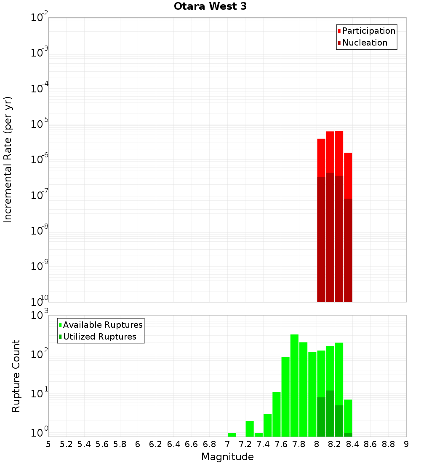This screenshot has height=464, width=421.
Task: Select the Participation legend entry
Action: pyautogui.click(x=368, y=31)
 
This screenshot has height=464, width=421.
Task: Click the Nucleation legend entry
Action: pyautogui.click(x=364, y=43)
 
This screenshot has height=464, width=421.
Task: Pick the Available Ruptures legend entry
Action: pyautogui.click(x=102, y=325)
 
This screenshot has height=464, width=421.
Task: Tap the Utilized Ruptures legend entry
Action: pyautogui.click(x=99, y=337)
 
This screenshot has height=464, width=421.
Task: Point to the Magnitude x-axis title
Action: pyautogui.click(x=227, y=457)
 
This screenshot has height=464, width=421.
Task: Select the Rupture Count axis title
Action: pyautogui.click(x=16, y=376)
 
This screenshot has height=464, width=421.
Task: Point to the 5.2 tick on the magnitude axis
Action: pyautogui.click(x=66, y=444)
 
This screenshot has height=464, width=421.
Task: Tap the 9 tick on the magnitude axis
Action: pyautogui.click(x=406, y=444)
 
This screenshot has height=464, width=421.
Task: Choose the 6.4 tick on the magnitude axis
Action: pyautogui.click(x=173, y=444)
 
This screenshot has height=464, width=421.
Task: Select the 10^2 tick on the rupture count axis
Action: pyautogui.click(x=39, y=354)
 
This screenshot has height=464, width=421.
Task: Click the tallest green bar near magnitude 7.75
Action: pyautogui.click(x=294, y=384)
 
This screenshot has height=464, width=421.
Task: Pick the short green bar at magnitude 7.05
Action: pyautogui.click(x=232, y=434)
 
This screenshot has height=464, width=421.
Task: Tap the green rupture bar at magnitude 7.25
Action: pyautogui.click(x=250, y=428)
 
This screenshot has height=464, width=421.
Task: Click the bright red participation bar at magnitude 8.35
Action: pyautogui.click(x=348, y=175)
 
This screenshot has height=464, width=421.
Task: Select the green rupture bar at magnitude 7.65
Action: pyautogui.click(x=285, y=397)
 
